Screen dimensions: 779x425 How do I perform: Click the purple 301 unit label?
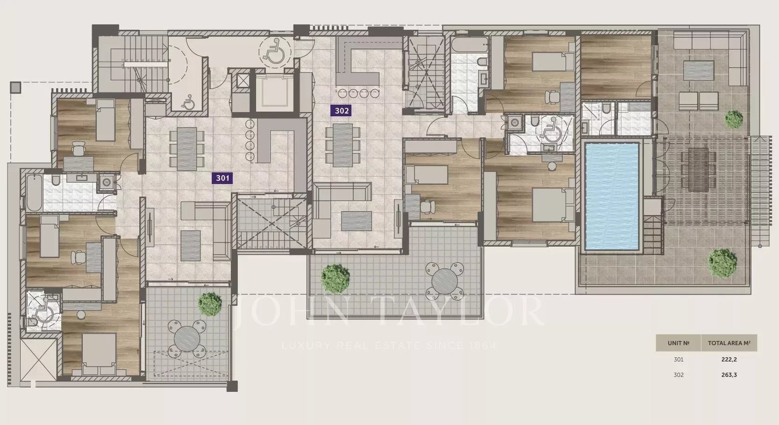(x=222, y=178)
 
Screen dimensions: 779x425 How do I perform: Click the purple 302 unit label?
(x=341, y=111)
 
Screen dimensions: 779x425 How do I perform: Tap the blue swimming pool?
(x=612, y=196)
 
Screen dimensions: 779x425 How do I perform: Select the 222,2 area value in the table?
(x=729, y=360)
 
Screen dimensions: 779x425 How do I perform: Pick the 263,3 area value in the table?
(x=729, y=375)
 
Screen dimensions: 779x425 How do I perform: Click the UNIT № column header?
(x=678, y=343)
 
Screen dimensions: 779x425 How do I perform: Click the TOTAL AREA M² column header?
(x=729, y=343)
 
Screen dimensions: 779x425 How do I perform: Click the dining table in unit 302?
(x=342, y=145)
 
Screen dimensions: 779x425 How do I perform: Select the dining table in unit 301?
(x=187, y=149)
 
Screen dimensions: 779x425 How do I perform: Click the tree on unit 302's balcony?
(x=335, y=278)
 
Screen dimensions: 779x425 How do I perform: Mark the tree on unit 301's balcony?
(x=210, y=304)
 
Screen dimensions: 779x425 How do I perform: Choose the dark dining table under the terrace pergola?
(x=699, y=170)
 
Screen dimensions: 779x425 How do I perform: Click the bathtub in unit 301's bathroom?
(x=34, y=193)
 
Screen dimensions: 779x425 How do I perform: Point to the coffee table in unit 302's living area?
(x=356, y=221)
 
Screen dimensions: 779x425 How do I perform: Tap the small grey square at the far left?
(x=15, y=87)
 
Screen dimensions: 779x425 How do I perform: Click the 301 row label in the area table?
(x=678, y=360)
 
